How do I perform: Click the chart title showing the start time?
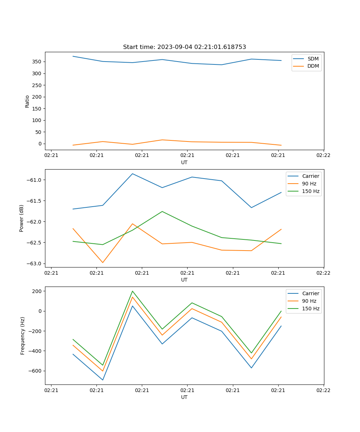(184, 47)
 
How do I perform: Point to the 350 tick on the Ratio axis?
(37, 62)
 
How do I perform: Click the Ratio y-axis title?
(27, 101)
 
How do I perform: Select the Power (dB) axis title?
(22, 218)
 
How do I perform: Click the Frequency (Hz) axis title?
(23, 336)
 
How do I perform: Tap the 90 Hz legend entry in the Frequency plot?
(309, 301)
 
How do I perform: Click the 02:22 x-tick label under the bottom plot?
(323, 390)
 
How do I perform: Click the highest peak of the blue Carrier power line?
(132, 174)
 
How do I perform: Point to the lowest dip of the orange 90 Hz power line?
(103, 262)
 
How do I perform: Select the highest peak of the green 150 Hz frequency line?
(132, 291)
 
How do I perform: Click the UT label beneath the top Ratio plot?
(184, 162)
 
